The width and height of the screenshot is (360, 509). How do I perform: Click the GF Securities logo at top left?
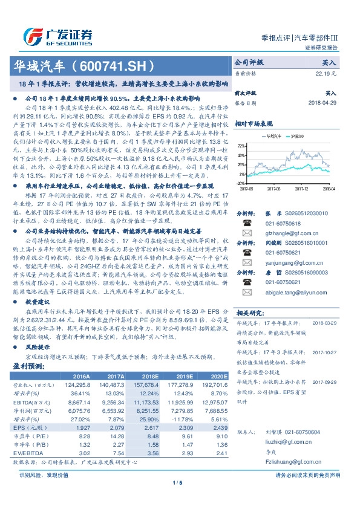click(58, 35)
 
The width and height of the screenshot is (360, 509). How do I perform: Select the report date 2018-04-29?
click(321, 103)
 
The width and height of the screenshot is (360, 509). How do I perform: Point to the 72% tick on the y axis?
click(241, 146)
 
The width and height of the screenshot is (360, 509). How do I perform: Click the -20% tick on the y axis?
click(240, 183)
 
